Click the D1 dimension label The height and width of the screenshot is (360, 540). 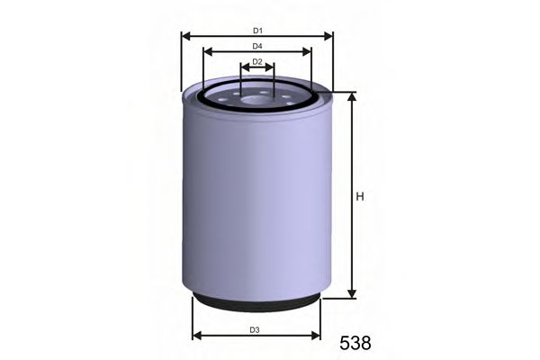click(x=256, y=30)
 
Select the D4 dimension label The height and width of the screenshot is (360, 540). click(x=256, y=45)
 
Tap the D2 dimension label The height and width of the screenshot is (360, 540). click(x=256, y=61)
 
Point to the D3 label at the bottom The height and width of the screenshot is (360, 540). click(x=256, y=329)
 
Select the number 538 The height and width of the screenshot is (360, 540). click(x=355, y=343)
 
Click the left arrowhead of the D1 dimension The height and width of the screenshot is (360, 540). click(x=184, y=37)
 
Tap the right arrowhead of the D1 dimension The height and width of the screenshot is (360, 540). click(x=329, y=37)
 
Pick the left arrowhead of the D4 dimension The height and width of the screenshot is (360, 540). click(x=207, y=52)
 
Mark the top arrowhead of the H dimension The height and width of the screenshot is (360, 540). click(x=352, y=95)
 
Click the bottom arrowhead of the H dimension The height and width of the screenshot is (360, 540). click(x=352, y=294)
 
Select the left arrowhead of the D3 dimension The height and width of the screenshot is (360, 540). click(x=196, y=337)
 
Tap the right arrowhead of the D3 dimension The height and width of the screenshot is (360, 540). click(x=317, y=337)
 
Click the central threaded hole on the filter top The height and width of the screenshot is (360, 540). click(x=256, y=94)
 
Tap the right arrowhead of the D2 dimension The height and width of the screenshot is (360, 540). click(x=271, y=68)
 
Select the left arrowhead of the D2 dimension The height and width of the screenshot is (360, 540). click(x=243, y=68)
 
